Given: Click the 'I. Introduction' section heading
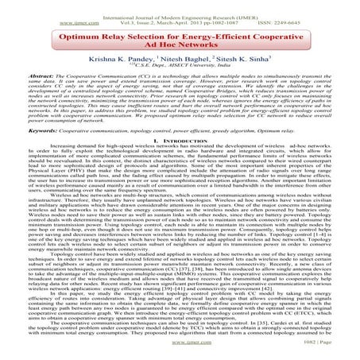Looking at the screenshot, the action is (x=180, y=161).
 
